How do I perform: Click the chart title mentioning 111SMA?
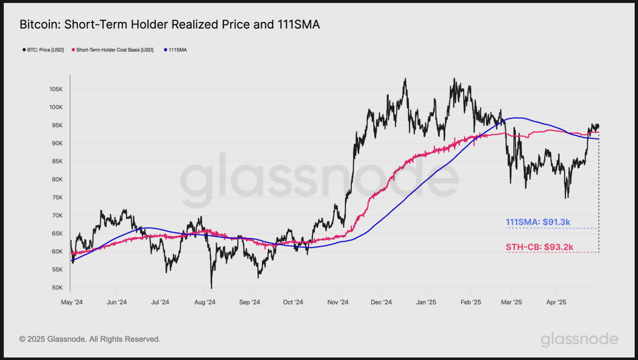tap(170, 25)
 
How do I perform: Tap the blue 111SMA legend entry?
tap(176, 50)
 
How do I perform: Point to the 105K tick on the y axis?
tap(57, 89)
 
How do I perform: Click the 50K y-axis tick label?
tap(57, 288)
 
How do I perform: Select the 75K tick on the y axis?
tap(57, 197)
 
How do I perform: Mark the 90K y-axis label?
tap(57, 144)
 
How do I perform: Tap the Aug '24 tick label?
tap(205, 302)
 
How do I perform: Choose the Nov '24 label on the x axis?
tap(338, 302)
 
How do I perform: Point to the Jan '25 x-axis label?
tap(427, 302)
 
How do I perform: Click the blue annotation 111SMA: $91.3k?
tap(538, 223)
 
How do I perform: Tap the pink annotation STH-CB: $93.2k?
tap(539, 247)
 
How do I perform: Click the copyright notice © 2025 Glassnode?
tap(90, 339)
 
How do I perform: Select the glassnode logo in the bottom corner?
tap(579, 339)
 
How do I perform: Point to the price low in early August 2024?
tap(211, 288)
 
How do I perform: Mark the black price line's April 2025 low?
tap(566, 198)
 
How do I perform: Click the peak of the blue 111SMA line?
tap(515, 118)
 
